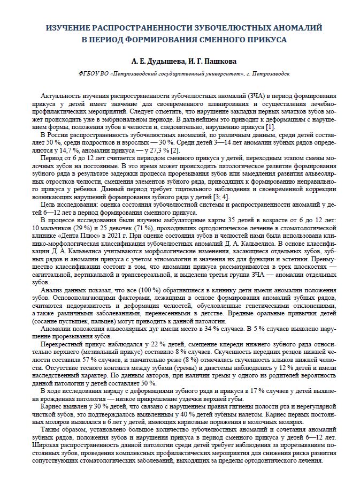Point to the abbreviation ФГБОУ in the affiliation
tap(88, 75)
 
